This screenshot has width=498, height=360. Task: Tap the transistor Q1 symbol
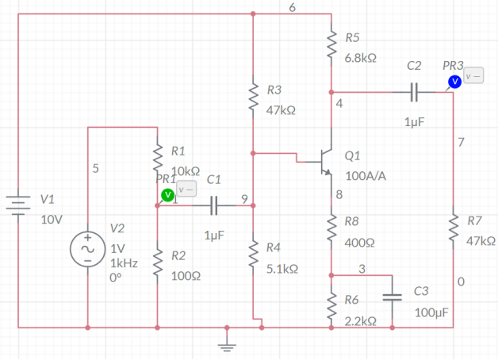(323, 159)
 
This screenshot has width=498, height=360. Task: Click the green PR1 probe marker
(167, 195)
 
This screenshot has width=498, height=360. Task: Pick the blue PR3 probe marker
(454, 82)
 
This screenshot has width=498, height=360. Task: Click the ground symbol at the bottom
(227, 342)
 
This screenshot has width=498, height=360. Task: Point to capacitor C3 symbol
(393, 297)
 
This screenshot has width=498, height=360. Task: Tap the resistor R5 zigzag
(331, 48)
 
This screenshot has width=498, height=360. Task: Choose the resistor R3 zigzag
(252, 99)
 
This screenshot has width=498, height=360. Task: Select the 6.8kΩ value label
(360, 58)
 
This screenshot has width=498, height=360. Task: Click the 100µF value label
(431, 312)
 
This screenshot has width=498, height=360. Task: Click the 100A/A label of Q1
(366, 175)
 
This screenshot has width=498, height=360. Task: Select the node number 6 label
(292, 7)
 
